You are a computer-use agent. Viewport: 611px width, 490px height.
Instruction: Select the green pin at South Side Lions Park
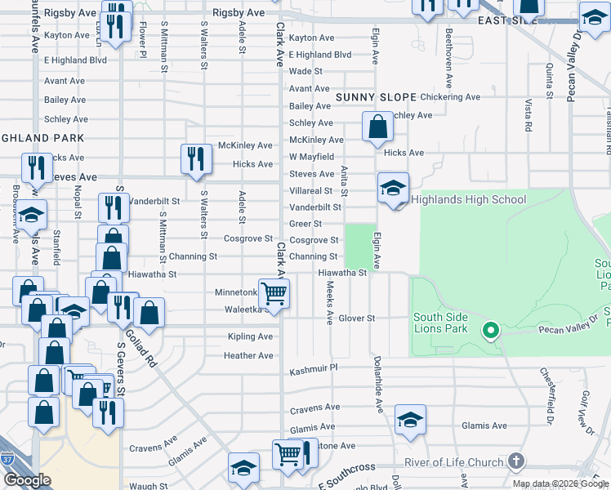(490, 330)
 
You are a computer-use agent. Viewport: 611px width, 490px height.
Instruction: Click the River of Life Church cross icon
(515, 461)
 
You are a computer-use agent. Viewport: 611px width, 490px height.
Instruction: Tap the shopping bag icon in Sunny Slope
(377, 127)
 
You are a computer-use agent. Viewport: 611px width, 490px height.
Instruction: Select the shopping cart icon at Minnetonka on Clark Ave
(274, 293)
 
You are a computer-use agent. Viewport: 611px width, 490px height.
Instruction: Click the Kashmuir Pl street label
(314, 372)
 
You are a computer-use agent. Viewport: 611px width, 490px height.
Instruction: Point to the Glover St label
(356, 318)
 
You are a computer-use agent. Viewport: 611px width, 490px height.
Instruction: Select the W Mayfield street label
(311, 157)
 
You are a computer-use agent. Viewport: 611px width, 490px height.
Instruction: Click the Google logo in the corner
(27, 480)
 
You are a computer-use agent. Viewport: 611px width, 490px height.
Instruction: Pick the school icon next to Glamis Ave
(411, 420)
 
